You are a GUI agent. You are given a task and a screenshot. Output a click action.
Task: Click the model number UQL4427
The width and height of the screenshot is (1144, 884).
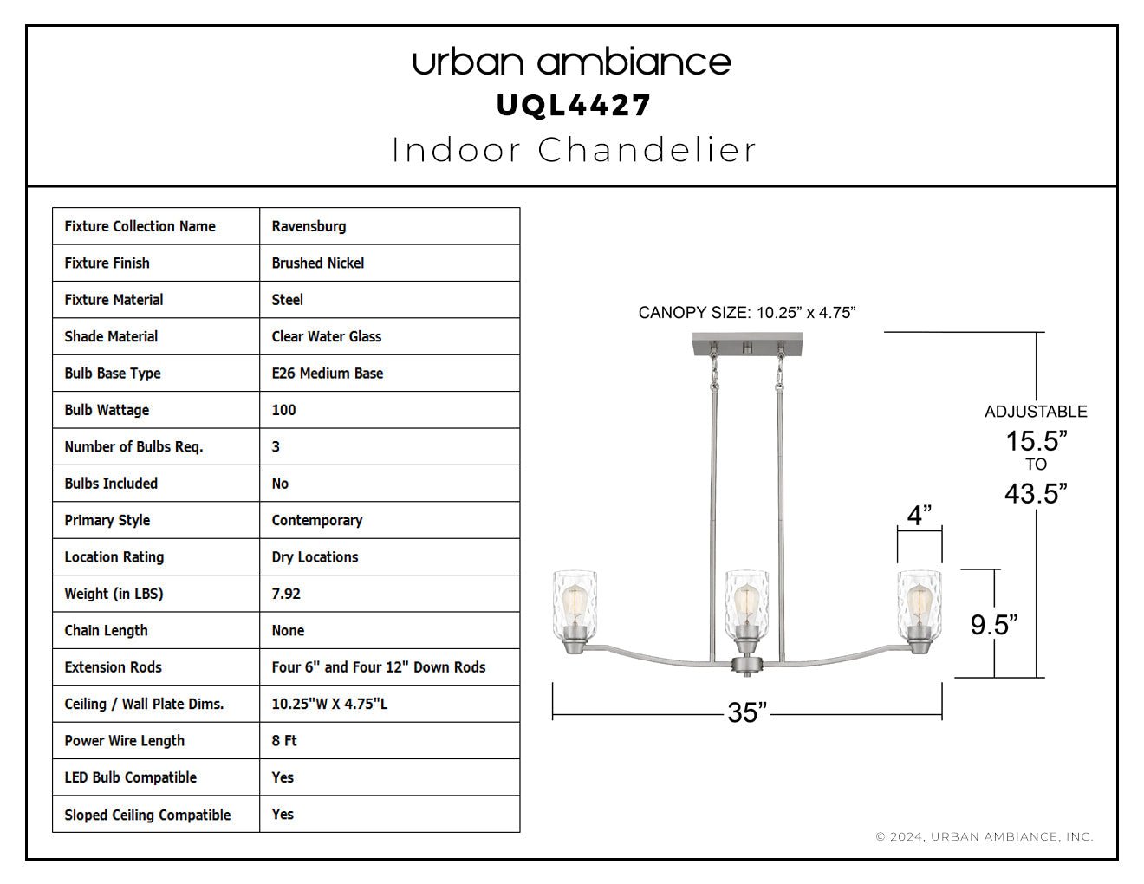[574, 106]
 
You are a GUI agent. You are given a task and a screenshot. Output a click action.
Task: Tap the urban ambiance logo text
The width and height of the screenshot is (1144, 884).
[572, 62]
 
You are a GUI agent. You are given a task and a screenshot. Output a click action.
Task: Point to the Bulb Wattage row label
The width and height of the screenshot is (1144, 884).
[107, 410]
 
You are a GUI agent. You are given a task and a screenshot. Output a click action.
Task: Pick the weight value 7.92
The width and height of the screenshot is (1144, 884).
[286, 594]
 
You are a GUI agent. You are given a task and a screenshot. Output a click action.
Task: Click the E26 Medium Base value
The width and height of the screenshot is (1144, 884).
[328, 374]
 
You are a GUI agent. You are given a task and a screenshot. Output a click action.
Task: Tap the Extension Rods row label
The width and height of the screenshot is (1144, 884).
[114, 667]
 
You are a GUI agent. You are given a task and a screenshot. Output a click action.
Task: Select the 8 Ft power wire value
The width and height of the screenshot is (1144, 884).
[284, 741]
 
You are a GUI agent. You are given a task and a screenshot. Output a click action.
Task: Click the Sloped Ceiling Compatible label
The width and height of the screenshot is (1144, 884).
[148, 815]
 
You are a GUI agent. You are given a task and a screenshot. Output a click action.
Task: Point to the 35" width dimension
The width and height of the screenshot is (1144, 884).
[747, 712]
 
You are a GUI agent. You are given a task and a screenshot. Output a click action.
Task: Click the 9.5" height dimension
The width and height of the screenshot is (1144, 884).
[994, 625]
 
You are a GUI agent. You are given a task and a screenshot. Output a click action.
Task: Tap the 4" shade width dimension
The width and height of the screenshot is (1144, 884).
[920, 515]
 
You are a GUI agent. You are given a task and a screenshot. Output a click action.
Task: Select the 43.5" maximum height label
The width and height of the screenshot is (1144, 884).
[1036, 493]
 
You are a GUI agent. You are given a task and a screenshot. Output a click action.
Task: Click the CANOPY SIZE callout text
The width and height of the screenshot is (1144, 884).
[747, 313]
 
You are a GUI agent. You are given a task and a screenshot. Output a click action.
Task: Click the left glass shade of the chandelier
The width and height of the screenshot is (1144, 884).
[575, 603]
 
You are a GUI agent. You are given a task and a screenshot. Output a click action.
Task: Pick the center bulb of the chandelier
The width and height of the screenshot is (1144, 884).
[746, 604]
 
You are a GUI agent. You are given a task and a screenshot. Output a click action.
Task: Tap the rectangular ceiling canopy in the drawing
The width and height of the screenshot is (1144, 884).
[747, 344]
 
